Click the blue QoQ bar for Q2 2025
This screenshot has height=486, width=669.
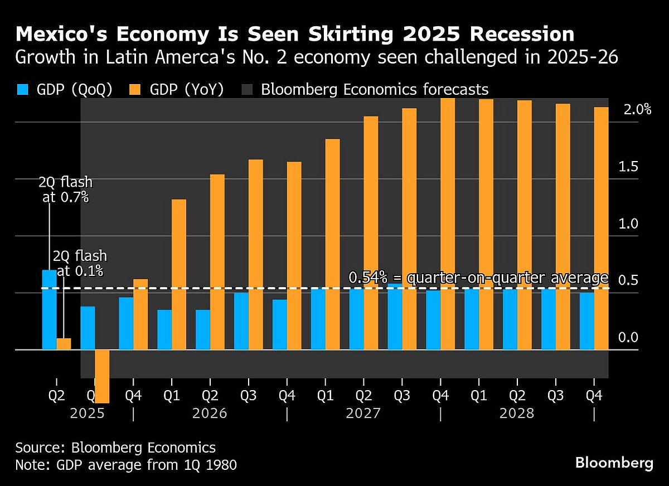pos(50,310)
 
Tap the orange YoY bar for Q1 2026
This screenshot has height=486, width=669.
pos(178,274)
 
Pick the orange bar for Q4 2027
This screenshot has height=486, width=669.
pos(448,223)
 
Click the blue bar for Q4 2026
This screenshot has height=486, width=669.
pos(279,324)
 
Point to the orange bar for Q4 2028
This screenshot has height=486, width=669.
pos(602,229)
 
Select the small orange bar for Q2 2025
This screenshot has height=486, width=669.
pos(64,344)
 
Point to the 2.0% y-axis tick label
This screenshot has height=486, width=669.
pos(637,110)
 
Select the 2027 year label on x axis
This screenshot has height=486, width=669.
pos(363,414)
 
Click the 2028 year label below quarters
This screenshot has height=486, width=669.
pos(517,414)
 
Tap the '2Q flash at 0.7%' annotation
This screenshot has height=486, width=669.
pos(65,189)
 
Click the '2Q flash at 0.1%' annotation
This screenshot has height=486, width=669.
pos(80,264)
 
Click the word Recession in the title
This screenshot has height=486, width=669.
pos(521,35)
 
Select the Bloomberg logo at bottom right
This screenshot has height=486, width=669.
pos(614,463)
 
